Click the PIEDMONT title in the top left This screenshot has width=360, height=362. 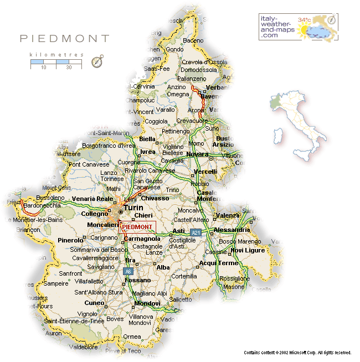coord(65,39)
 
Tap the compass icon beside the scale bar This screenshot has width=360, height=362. coord(97,61)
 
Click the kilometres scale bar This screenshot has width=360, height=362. coord(56,64)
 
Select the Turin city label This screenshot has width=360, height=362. coord(133,208)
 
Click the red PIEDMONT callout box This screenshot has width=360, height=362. coord(137,227)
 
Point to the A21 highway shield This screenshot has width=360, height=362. coord(195,232)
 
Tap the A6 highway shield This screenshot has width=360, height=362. coord(127,271)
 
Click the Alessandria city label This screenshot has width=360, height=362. coord(232,230)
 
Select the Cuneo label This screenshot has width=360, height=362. coord(94,303)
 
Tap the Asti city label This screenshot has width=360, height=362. coord(178,231)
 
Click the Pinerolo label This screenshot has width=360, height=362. coord(70,241)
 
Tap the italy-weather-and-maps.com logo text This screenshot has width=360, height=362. coord(276,27)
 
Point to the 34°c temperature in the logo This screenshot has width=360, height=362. coord(305,19)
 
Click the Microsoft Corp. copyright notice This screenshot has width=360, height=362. coord(297,352)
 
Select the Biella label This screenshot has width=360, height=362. coord(148,139)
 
